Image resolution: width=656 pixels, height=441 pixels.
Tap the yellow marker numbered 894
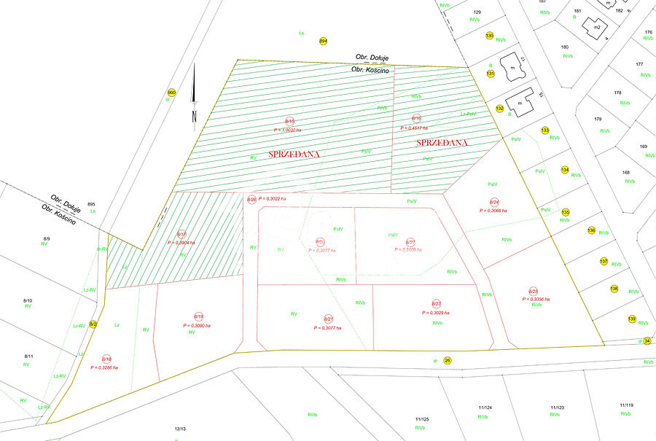(x=323, y=41)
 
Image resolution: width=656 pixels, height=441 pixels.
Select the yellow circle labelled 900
(x=171, y=93)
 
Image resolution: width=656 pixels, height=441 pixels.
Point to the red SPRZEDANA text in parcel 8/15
(x=294, y=155)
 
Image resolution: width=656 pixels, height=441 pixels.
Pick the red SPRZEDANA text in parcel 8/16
(x=441, y=143)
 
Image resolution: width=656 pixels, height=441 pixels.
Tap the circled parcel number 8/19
(x=198, y=316)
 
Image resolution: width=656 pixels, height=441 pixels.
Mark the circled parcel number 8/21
(x=328, y=319)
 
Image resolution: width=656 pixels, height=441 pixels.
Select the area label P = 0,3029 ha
(x=437, y=312)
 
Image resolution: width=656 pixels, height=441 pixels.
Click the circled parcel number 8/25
(x=534, y=291)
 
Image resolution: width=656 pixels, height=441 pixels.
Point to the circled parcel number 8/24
(x=493, y=202)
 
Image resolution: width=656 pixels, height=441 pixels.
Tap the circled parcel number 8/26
(x=251, y=199)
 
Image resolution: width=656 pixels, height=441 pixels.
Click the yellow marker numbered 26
(x=448, y=359)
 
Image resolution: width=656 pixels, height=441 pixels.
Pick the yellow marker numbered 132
(x=500, y=109)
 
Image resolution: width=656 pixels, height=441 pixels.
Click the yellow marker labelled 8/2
(x=93, y=324)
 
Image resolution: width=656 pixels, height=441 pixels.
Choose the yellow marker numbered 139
(x=632, y=319)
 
